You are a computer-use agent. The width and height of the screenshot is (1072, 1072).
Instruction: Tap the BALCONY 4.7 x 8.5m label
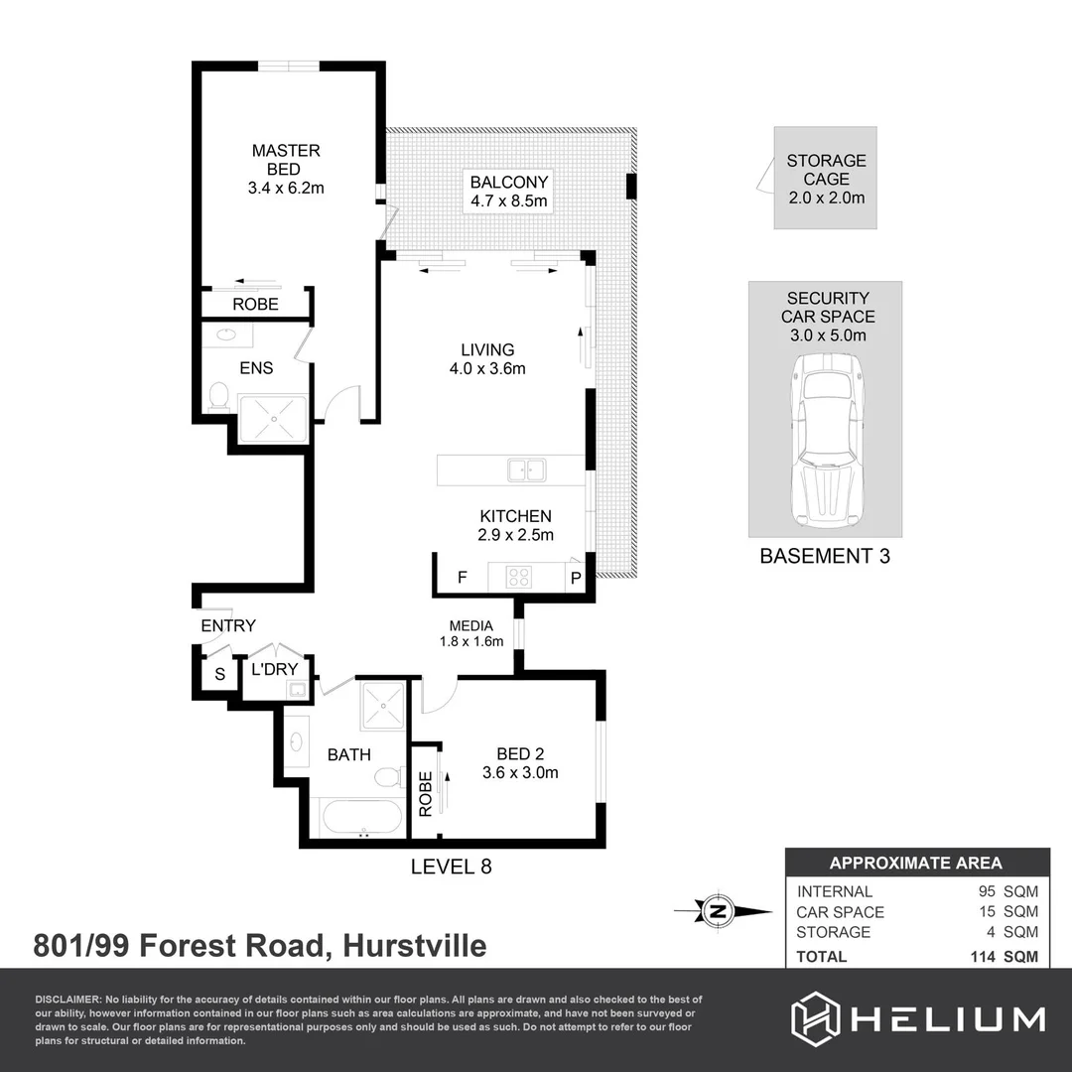pyautogui.click(x=509, y=192)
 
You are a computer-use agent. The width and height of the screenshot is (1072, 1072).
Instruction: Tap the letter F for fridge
pyautogui.click(x=462, y=577)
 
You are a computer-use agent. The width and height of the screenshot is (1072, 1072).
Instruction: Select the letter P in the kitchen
pyautogui.click(x=575, y=578)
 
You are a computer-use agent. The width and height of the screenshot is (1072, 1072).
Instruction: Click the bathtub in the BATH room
pyautogui.click(x=361, y=820)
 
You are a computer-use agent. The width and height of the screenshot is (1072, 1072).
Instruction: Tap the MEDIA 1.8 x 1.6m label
pyautogui.click(x=471, y=633)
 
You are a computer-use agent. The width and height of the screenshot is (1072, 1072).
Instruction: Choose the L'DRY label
pyautogui.click(x=275, y=669)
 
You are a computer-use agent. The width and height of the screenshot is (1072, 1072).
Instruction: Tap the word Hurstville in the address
pyautogui.click(x=414, y=946)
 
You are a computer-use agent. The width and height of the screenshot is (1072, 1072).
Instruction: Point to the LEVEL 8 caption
pyautogui.click(x=452, y=867)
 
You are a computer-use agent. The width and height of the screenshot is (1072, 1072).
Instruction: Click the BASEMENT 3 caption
pyautogui.click(x=825, y=556)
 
